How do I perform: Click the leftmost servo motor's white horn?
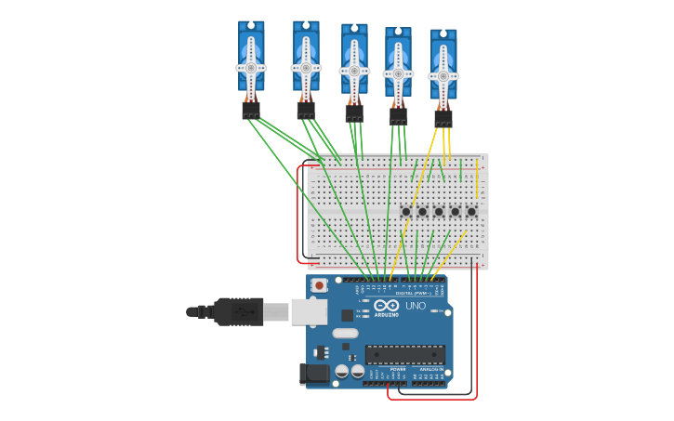click(251, 67)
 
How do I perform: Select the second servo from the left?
click(306, 58)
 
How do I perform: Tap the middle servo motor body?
click(354, 61)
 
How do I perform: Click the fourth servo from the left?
click(398, 63)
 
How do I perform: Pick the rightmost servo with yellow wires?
click(443, 65)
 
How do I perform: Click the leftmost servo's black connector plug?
click(251, 111)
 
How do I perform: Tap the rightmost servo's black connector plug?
click(443, 119)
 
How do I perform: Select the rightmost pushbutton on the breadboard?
click(471, 212)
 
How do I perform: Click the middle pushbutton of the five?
click(439, 212)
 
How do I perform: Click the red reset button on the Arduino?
click(320, 285)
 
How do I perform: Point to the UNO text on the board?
click(416, 306)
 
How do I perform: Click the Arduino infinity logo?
click(386, 306)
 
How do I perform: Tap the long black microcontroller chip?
click(404, 354)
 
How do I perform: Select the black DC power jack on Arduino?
click(314, 374)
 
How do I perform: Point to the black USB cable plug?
click(239, 311)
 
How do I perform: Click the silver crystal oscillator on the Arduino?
click(345, 333)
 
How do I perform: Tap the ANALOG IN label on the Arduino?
click(430, 369)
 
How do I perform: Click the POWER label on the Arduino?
click(397, 369)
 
